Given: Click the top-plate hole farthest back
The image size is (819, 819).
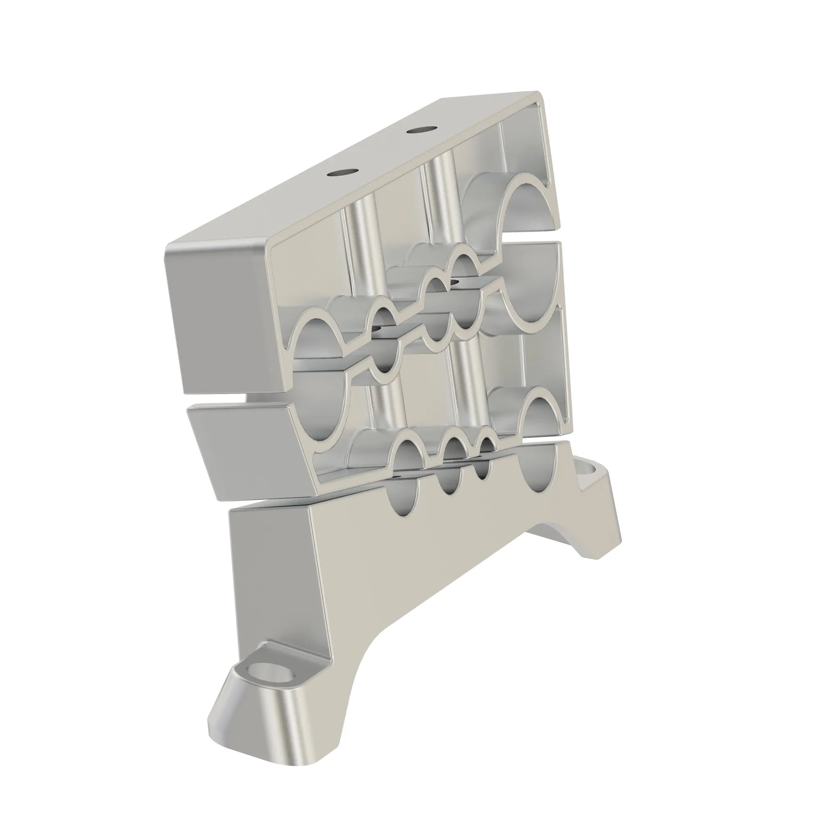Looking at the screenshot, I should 423,129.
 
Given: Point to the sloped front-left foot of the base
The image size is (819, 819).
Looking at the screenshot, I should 254,712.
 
